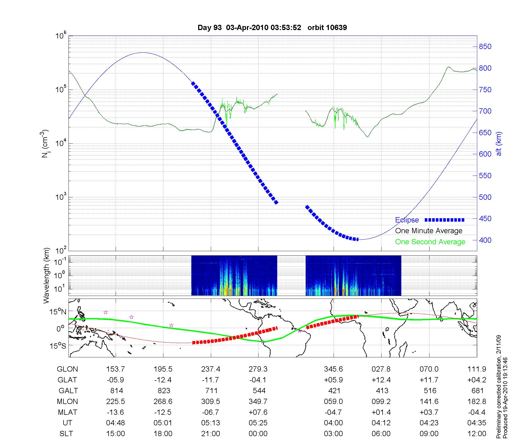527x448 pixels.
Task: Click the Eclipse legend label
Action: click(x=407, y=220)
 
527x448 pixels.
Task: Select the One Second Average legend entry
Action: click(x=430, y=242)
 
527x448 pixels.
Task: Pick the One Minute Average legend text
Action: click(x=429, y=231)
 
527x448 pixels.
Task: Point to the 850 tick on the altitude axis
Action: click(x=485, y=47)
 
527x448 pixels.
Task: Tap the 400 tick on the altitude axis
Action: click(x=485, y=240)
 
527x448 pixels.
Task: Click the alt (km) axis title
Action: click(x=499, y=144)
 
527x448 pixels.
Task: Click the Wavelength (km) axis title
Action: click(x=46, y=276)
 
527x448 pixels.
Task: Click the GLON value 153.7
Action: click(x=115, y=369)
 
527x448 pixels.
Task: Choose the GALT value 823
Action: click(x=164, y=391)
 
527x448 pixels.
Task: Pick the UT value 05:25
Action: click(x=258, y=423)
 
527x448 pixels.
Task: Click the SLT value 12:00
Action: click(x=477, y=434)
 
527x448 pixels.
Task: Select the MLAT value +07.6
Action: click(x=258, y=412)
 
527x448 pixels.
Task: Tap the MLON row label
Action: click(x=67, y=401)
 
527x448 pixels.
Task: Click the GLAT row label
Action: click(x=67, y=380)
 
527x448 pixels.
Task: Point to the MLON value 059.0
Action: click(x=333, y=401)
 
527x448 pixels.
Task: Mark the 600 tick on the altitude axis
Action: click(x=485, y=154)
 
